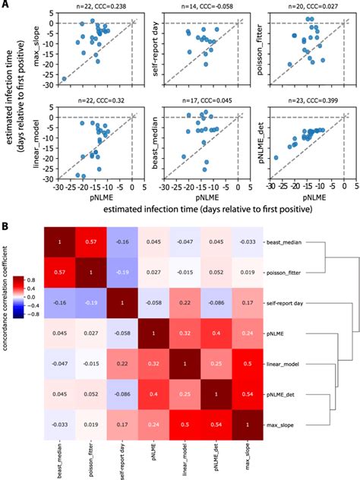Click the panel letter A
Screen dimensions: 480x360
point(6,5)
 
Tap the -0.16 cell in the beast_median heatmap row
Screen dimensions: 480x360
point(125,242)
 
